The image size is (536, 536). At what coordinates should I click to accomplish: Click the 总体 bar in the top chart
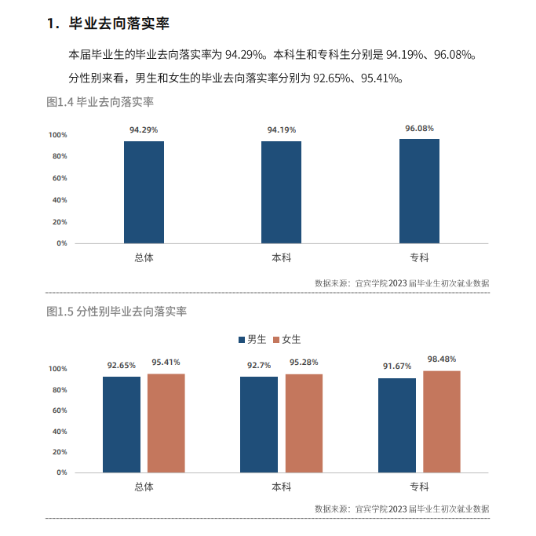[144, 192]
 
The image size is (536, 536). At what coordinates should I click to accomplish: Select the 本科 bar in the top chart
[282, 192]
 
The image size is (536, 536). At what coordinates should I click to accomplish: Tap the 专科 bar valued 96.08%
[419, 191]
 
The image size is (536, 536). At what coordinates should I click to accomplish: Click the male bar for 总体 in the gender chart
[122, 425]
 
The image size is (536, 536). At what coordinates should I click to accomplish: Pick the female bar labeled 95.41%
[166, 423]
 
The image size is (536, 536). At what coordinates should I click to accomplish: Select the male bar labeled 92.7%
[259, 425]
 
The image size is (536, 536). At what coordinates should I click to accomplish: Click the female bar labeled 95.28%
[304, 423]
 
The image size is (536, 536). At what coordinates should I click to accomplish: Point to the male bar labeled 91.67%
[397, 425]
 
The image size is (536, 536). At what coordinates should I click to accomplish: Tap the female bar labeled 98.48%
[442, 421]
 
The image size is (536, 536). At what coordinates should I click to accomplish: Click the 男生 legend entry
[252, 340]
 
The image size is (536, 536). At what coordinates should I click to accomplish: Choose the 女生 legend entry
[286, 340]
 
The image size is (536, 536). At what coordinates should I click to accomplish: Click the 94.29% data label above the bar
[144, 129]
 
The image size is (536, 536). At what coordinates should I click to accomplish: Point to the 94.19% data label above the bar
[282, 129]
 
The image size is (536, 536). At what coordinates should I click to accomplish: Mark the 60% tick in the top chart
[60, 178]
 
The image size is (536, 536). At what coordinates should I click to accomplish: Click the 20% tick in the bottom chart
[60, 452]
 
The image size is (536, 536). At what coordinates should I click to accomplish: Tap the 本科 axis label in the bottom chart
[282, 487]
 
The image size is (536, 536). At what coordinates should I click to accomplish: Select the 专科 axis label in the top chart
[419, 257]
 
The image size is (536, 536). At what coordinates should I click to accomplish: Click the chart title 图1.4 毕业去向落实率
[100, 102]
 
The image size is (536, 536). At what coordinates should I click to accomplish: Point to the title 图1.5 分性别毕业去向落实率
[116, 312]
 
